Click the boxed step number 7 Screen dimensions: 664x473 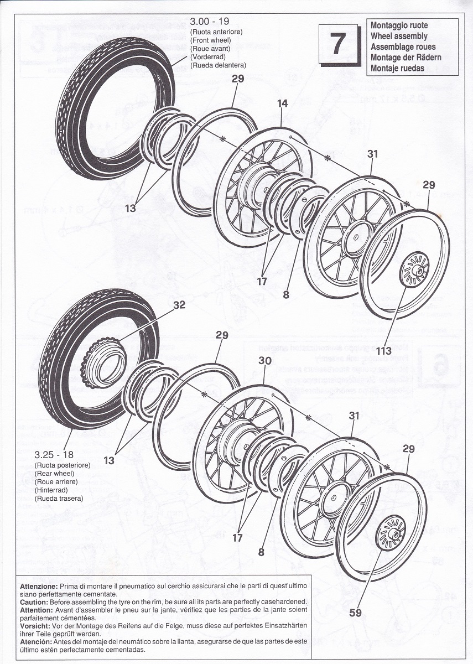tap(339, 44)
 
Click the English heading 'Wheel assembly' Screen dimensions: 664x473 tap(399, 36)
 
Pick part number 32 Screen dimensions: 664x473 tap(179, 305)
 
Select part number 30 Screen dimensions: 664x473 tap(265, 360)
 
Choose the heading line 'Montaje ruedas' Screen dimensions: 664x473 tap(397, 68)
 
